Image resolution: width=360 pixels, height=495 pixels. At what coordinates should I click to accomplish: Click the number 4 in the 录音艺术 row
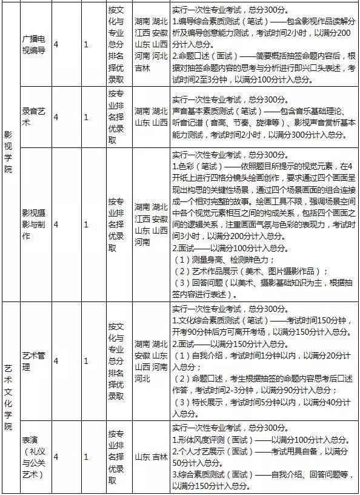click(56, 117)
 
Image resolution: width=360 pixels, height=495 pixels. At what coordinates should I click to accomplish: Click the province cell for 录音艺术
click(151, 117)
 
